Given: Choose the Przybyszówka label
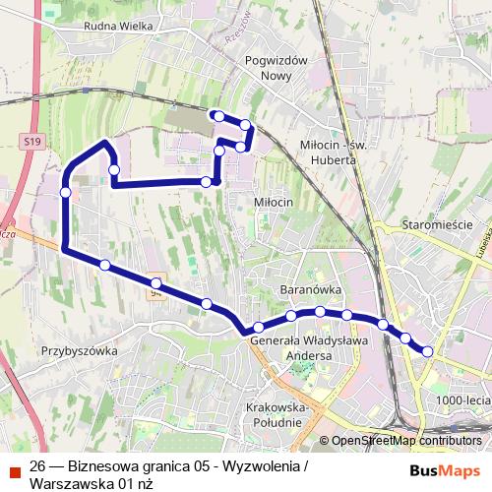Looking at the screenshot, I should [x=80, y=350].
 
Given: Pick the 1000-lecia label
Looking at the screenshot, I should [x=463, y=400].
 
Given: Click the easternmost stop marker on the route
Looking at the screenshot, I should [x=428, y=350].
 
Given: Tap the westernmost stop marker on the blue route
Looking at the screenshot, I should [x=65, y=192].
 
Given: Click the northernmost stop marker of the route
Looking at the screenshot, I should [x=215, y=115].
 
